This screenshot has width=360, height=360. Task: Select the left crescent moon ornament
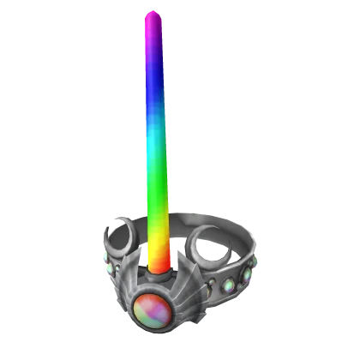[119, 235]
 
